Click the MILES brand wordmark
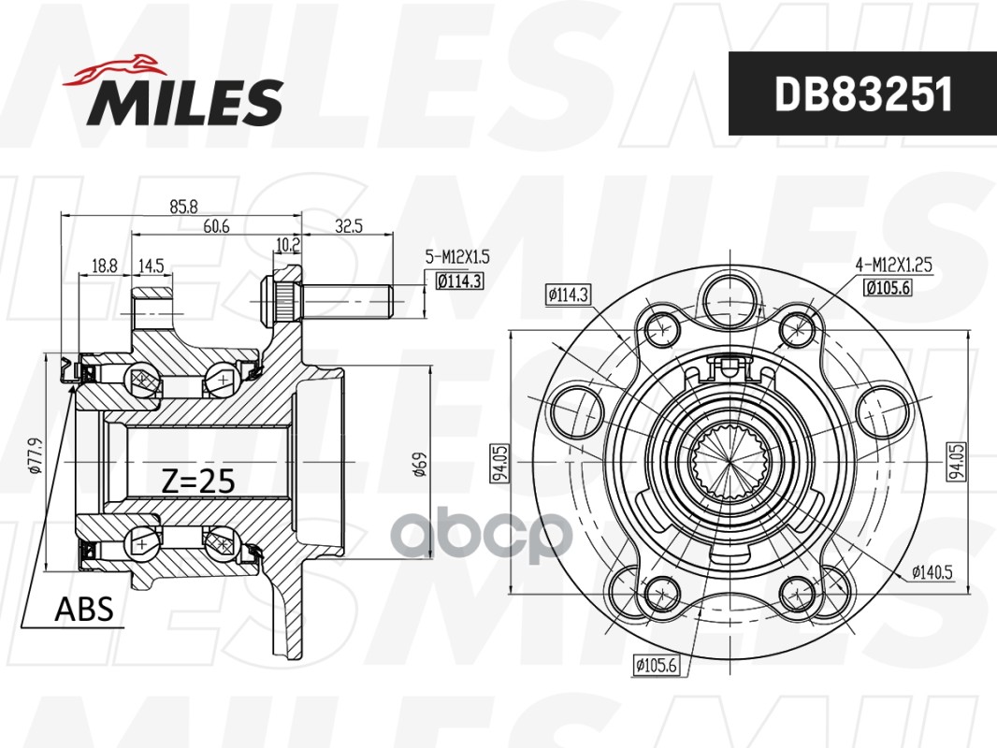pos(185,102)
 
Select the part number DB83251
pos(862,93)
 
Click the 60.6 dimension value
pos(218,227)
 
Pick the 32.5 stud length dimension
pos(348,226)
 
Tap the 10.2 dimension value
pos(287,246)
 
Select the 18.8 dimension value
pos(105,266)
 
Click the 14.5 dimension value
pos(151,266)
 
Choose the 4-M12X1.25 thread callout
pos(894,266)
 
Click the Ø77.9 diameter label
pos(34,455)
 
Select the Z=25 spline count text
pos(197,481)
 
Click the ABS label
pos(84,610)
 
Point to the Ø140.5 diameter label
pos(932,572)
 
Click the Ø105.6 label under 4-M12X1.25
pos(893,287)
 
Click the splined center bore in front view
pos(730,461)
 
